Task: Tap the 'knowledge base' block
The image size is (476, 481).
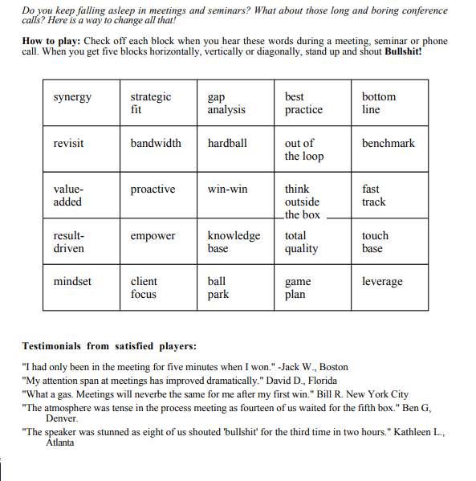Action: point(234,242)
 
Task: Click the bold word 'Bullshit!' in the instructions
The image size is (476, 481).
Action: point(403,51)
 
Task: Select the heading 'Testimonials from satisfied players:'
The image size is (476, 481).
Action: point(109,346)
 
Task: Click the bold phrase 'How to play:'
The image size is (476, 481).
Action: point(50,41)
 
